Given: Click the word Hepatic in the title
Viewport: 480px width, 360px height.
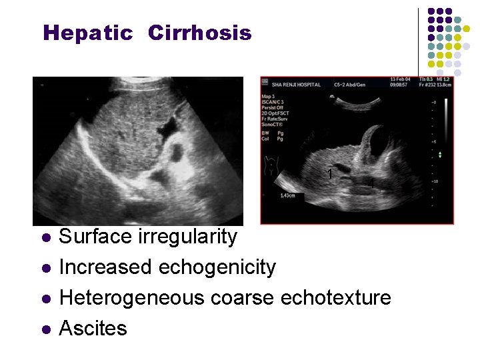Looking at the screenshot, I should (87, 33).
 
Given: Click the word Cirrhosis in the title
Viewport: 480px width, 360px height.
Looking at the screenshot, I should (199, 33).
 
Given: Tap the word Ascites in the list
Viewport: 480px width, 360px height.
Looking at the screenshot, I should (93, 328).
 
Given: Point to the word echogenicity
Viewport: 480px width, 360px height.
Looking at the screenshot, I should (217, 267).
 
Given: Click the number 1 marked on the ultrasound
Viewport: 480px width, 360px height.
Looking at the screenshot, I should (330, 174).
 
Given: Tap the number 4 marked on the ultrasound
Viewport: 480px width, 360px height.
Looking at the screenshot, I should (373, 182).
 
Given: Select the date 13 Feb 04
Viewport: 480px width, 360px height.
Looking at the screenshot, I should (399, 79).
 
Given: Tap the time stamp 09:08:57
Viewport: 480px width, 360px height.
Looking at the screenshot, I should (399, 85).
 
